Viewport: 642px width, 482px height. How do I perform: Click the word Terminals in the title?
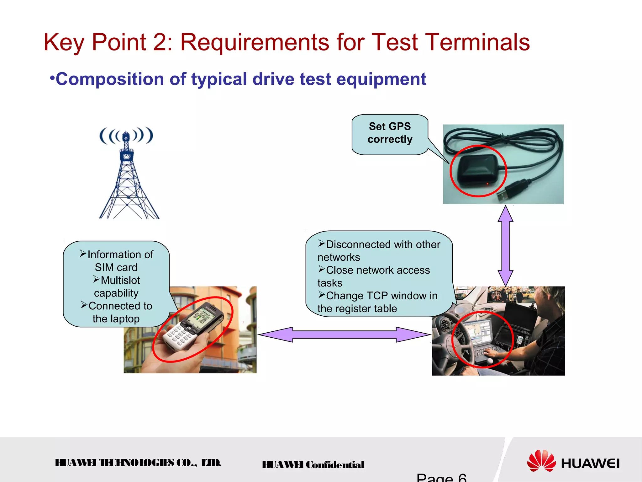pos(478,42)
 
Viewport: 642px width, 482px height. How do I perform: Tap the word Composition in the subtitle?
pos(110,79)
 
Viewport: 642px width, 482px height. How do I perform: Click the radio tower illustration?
pos(127,176)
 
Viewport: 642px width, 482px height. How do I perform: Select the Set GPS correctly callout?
pos(390,133)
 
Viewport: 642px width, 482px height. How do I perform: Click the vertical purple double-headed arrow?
pos(505,245)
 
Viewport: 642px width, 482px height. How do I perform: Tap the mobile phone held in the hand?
pos(193,326)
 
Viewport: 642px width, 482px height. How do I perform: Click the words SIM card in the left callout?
pos(116,267)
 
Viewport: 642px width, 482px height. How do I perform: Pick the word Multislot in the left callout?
pos(120,280)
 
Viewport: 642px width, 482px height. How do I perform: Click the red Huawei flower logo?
pos(541,461)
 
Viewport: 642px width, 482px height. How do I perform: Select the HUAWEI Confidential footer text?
pos(313,465)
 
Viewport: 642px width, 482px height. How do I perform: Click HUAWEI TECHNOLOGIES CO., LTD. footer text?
pos(138,463)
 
